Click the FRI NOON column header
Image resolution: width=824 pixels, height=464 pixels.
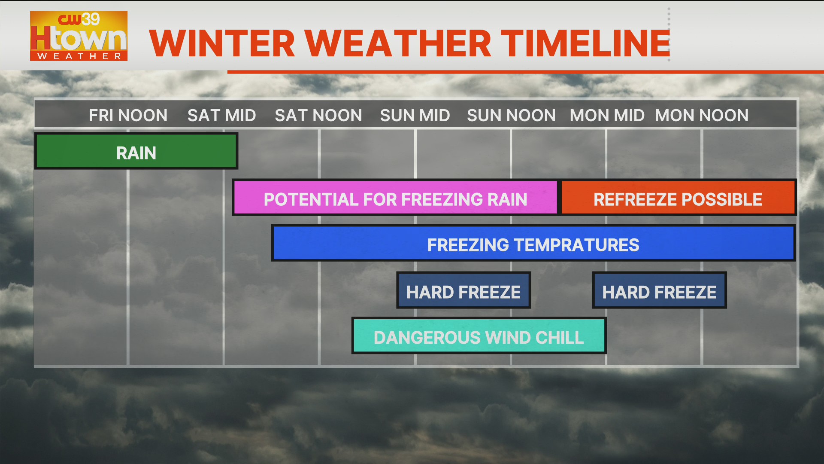pyautogui.click(x=128, y=115)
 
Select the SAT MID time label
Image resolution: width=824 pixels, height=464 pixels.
pyautogui.click(x=221, y=115)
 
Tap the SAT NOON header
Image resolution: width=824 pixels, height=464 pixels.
pyautogui.click(x=318, y=115)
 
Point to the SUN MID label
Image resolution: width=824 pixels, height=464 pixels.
pyautogui.click(x=415, y=115)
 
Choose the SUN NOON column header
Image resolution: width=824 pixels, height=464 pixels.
pyautogui.click(x=511, y=115)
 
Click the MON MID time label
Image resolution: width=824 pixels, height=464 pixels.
pyautogui.click(x=607, y=115)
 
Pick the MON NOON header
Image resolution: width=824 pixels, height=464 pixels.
pyautogui.click(x=701, y=115)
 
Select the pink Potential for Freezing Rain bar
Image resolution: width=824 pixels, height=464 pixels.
pyautogui.click(x=395, y=198)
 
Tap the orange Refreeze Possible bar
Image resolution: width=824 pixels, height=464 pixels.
pyautogui.click(x=678, y=198)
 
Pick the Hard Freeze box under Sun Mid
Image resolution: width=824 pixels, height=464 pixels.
pyautogui.click(x=463, y=290)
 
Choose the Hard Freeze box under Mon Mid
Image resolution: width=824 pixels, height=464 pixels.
pyautogui.click(x=659, y=290)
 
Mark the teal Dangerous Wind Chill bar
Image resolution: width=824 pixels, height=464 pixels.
pyautogui.click(x=479, y=336)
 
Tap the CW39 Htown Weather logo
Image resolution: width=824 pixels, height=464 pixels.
pyautogui.click(x=79, y=36)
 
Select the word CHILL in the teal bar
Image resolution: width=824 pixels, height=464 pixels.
pyautogui.click(x=560, y=338)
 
